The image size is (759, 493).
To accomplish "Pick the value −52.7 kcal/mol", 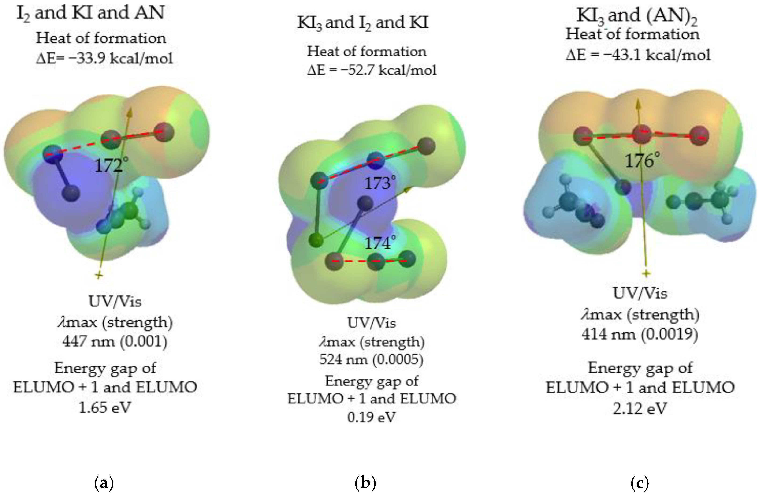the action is point(388,70).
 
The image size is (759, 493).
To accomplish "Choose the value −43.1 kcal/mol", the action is point(657,55).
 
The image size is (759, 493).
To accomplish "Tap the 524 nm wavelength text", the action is point(343,359).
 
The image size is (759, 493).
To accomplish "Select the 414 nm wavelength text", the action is point(608,334).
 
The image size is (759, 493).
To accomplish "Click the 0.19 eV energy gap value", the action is point(372,417).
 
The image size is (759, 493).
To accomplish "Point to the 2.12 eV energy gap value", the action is point(640,408).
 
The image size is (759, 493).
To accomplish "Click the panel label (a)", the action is point(104,483).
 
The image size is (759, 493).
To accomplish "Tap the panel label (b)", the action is point(365,483).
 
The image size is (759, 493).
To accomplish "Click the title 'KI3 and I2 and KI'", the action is point(363,23).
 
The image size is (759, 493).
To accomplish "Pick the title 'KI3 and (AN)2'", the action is point(637,16).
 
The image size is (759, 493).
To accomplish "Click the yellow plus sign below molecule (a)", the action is point(99,275).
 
